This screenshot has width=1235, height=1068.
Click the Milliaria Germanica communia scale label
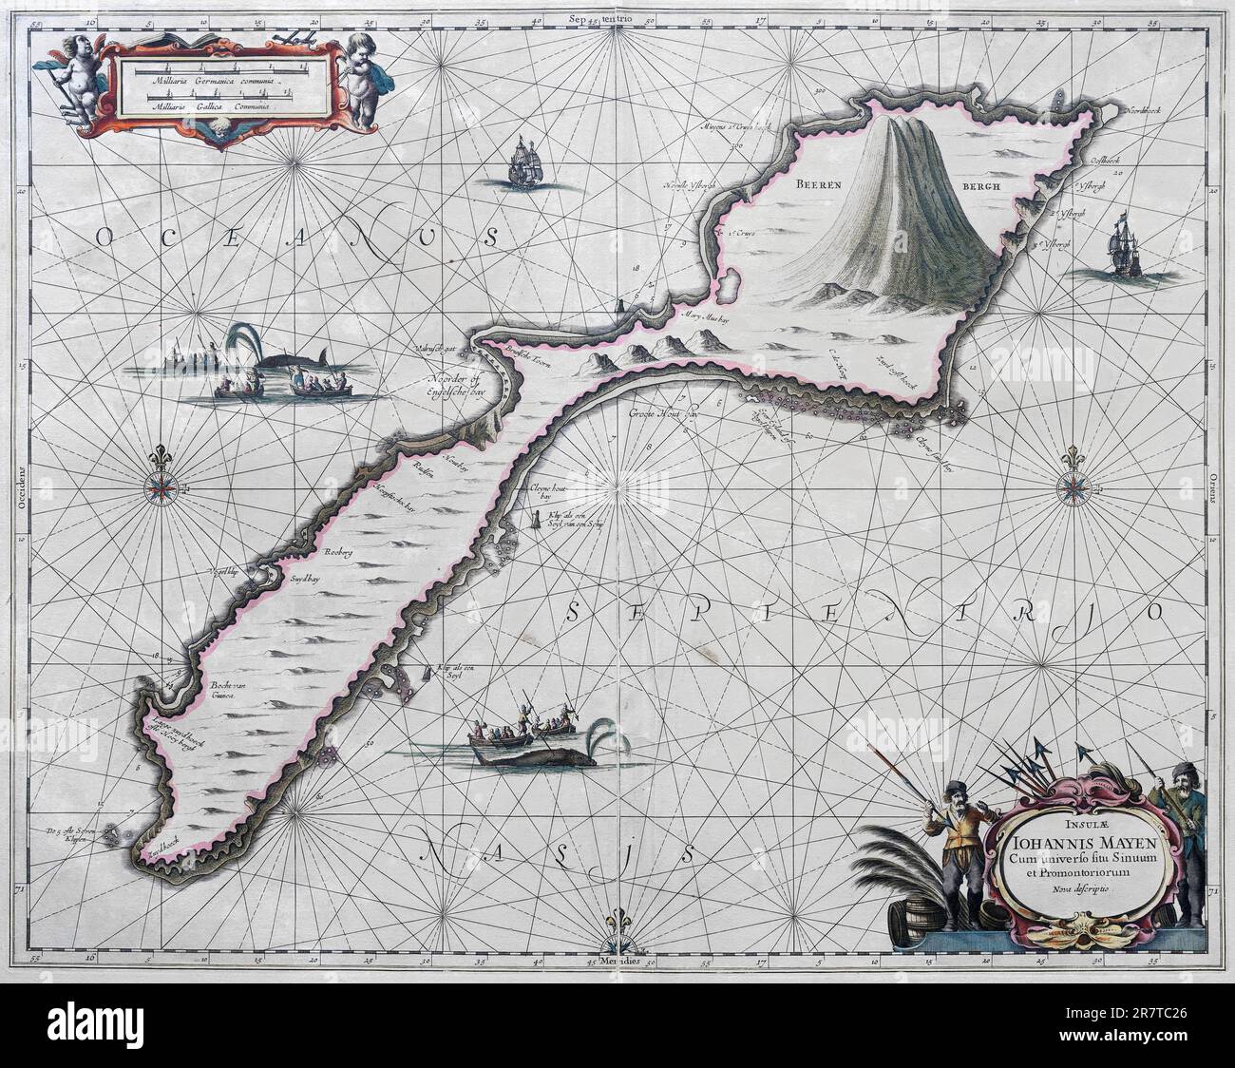210,85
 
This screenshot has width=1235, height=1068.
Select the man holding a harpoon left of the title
951,836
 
